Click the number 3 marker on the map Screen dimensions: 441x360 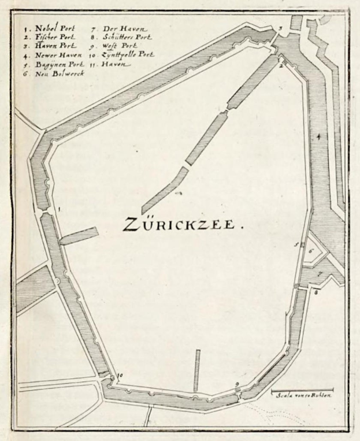(x=280, y=28)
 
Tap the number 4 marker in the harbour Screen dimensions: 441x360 (x=318, y=136)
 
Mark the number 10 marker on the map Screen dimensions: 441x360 (x=120, y=375)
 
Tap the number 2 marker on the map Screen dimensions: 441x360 (x=280, y=66)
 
